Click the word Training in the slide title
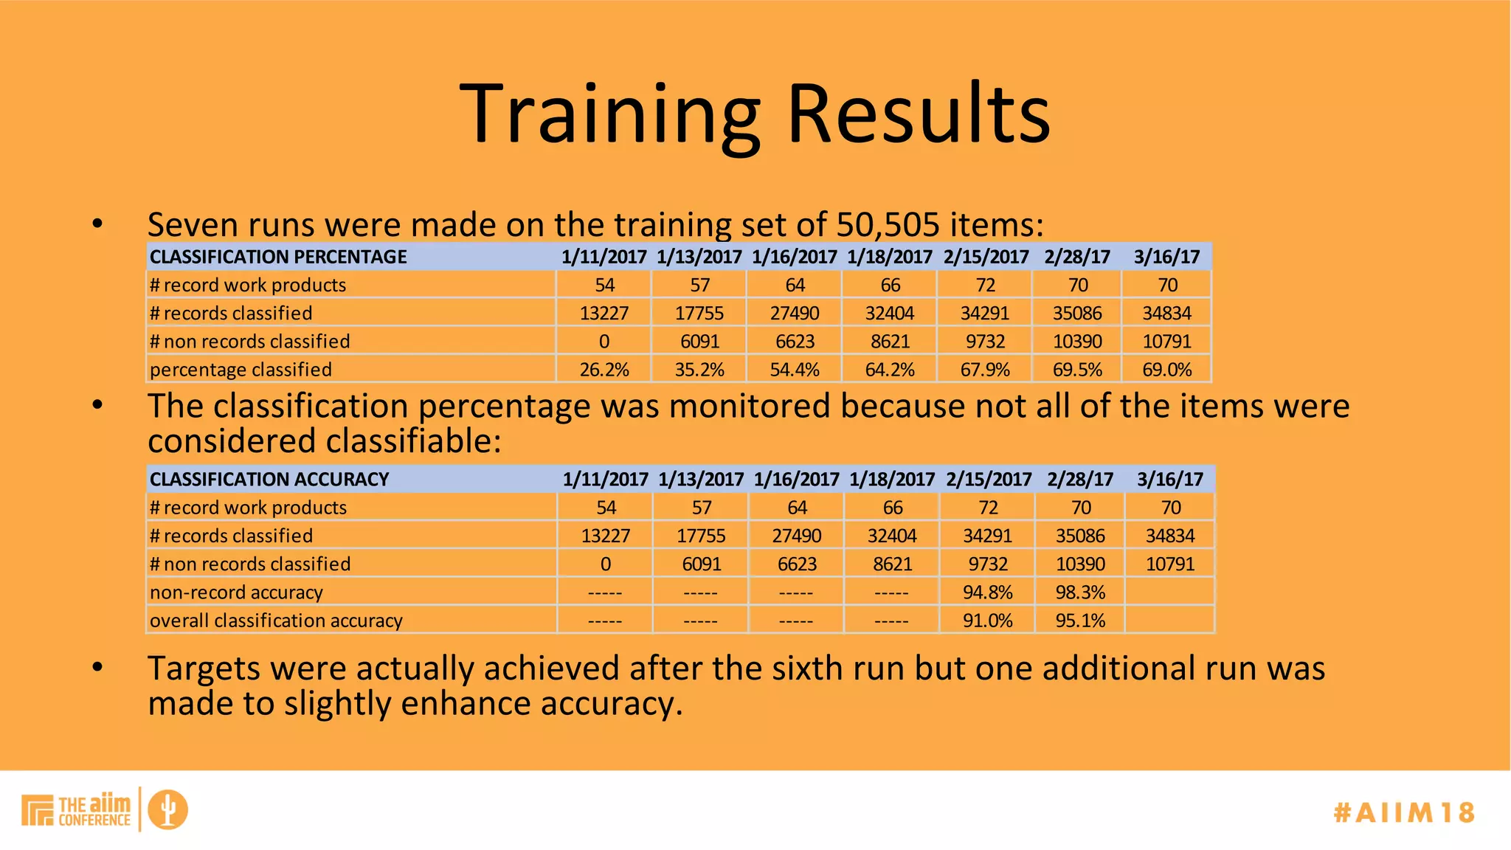(x=609, y=114)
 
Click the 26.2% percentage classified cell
(x=604, y=370)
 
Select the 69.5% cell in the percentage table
(x=1077, y=370)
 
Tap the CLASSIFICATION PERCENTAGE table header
(x=278, y=257)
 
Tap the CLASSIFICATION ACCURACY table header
(x=269, y=480)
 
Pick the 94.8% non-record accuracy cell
(x=987, y=592)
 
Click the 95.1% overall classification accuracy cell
(x=1080, y=621)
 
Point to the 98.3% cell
(x=1080, y=592)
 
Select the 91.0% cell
(x=987, y=621)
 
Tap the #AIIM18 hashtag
(x=1403, y=812)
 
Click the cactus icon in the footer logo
(x=168, y=809)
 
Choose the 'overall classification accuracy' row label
(x=276, y=621)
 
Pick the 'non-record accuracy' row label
(x=236, y=592)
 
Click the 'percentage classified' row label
(x=241, y=370)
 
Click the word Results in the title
(x=919, y=114)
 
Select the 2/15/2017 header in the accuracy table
(x=989, y=480)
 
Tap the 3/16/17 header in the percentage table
(x=1166, y=257)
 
